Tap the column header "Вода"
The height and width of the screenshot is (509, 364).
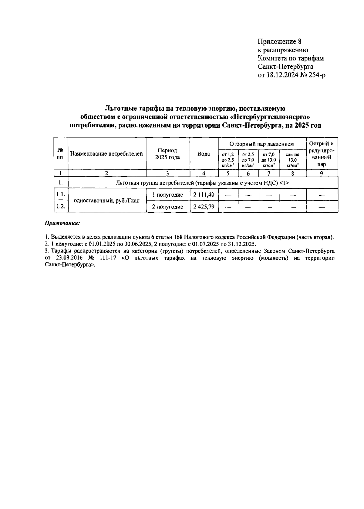pyautogui.click(x=204, y=154)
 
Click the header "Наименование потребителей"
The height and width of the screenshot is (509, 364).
pyautogui.click(x=106, y=154)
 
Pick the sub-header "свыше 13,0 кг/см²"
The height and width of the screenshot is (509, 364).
pyautogui.click(x=292, y=160)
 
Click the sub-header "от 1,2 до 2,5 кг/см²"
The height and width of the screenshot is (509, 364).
pyautogui.click(x=228, y=160)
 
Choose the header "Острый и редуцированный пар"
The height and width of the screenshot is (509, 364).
pyautogui.click(x=322, y=154)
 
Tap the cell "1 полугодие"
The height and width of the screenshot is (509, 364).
pyautogui.click(x=167, y=195)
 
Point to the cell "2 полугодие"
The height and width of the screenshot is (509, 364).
pyautogui.click(x=167, y=207)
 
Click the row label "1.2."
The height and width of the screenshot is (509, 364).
pyautogui.click(x=61, y=207)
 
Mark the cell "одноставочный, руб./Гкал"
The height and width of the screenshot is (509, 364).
pyautogui.click(x=107, y=201)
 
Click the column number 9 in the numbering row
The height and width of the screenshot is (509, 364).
pyautogui.click(x=322, y=174)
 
